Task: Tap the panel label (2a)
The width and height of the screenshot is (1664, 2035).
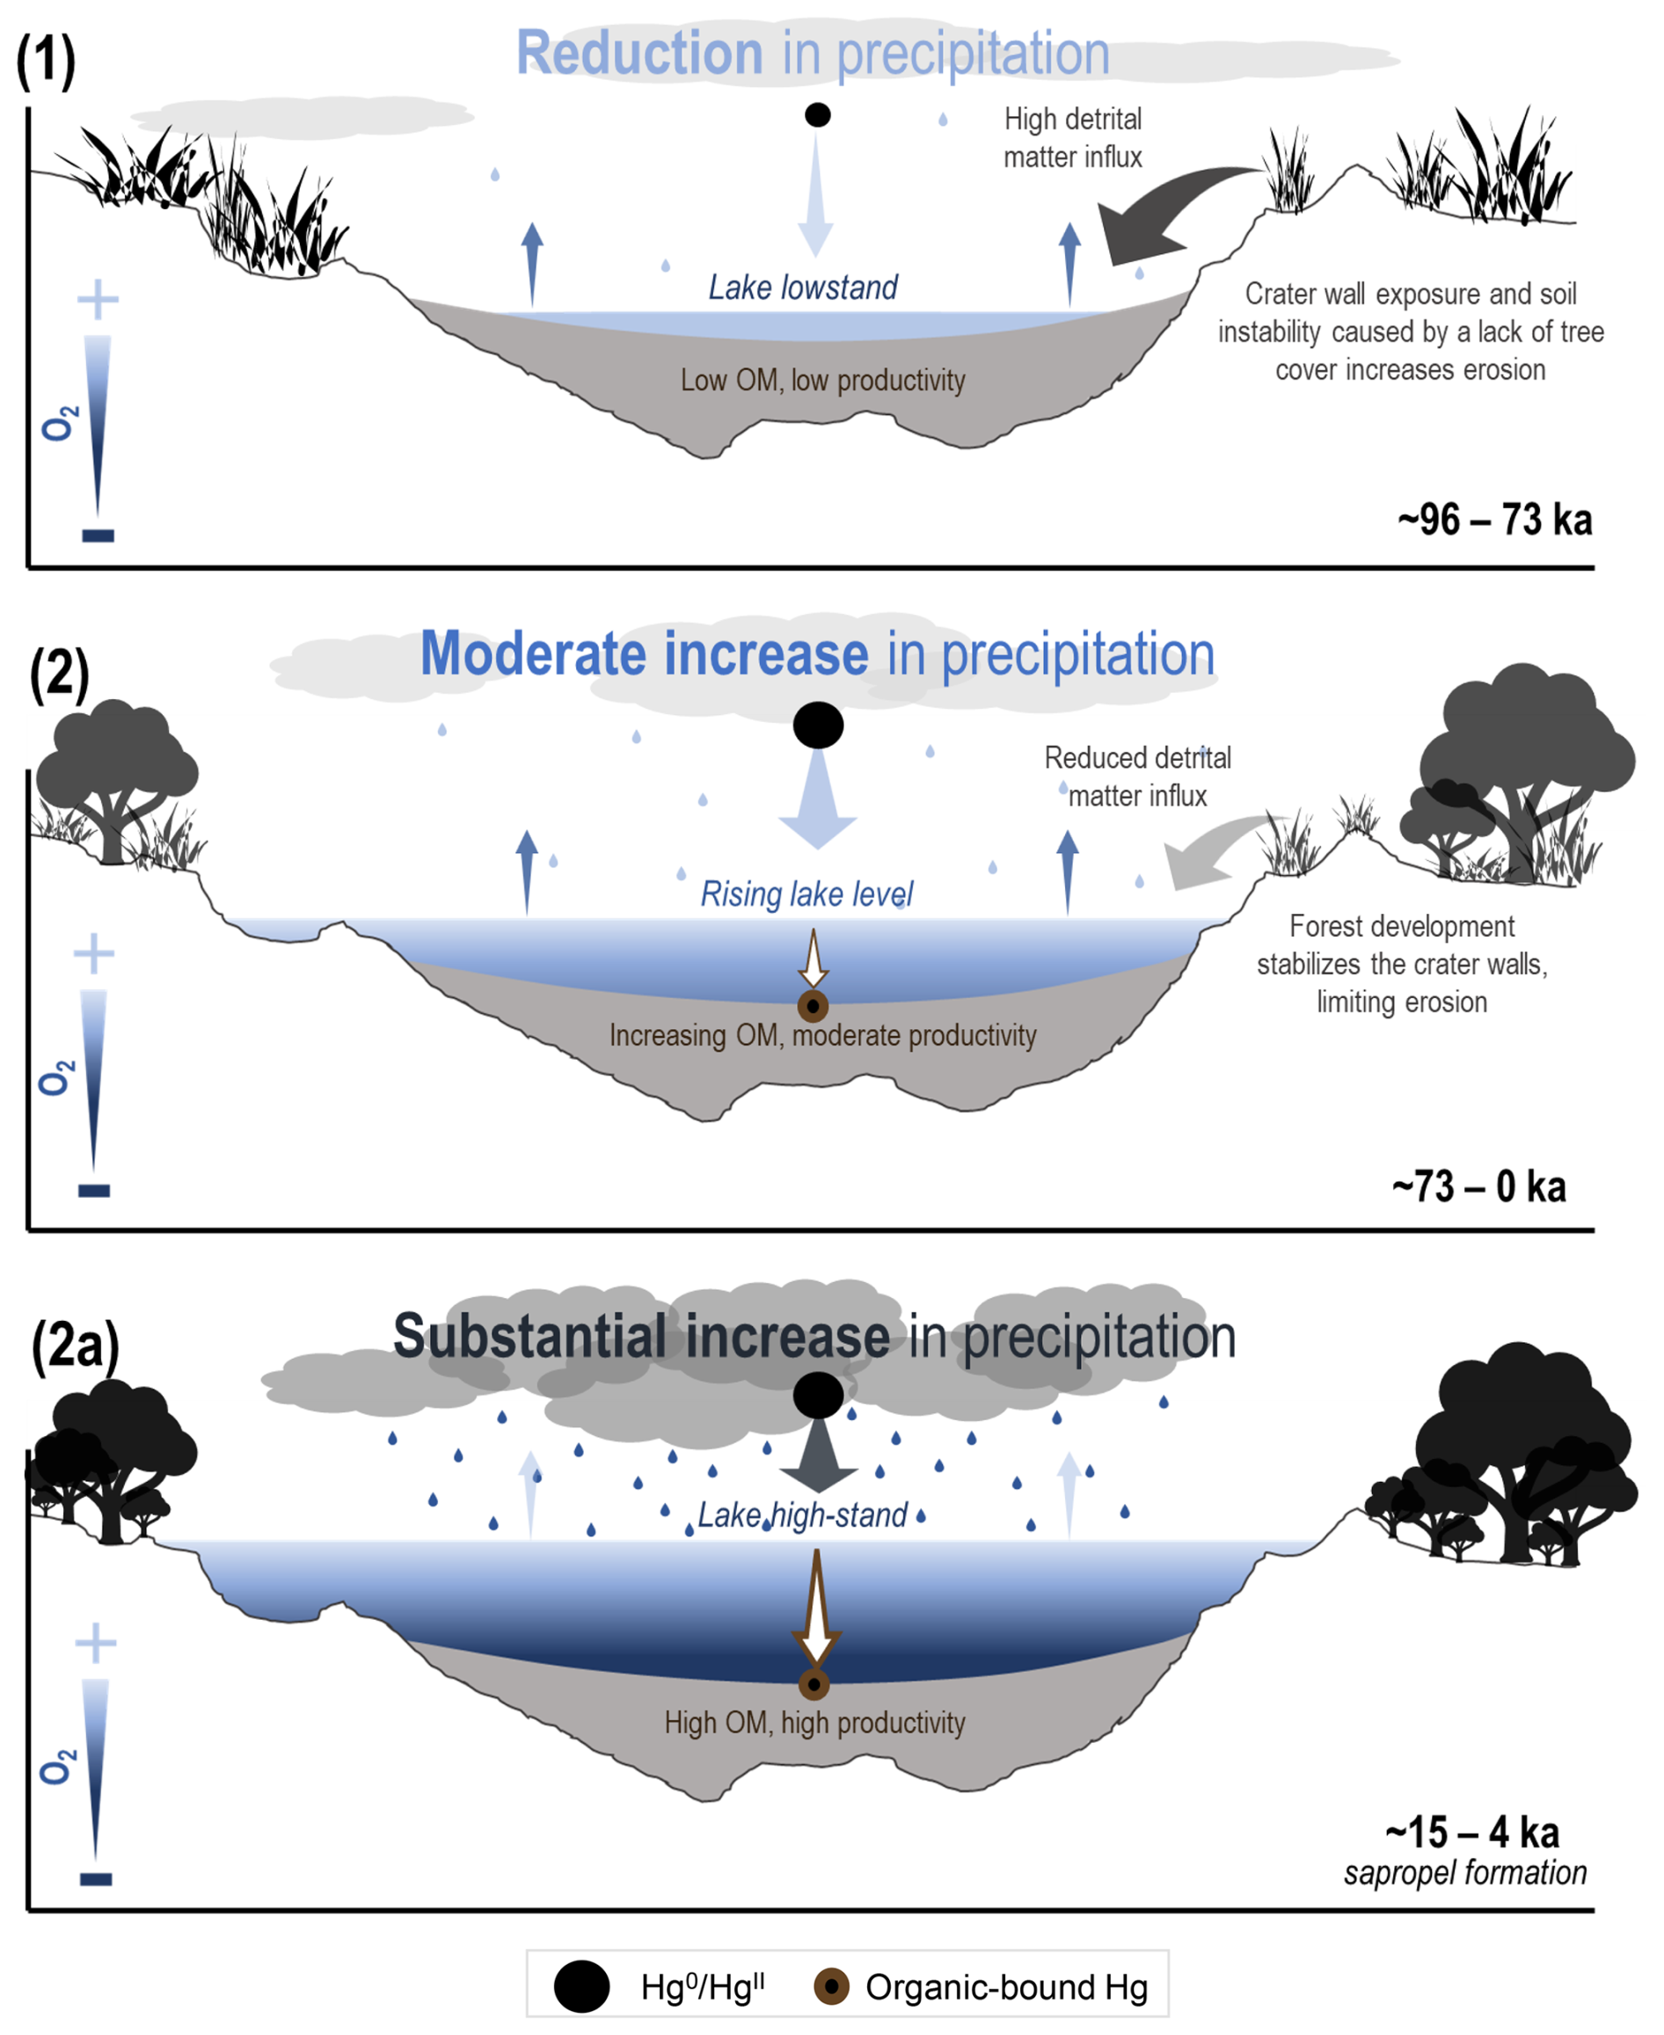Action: (x=75, y=1345)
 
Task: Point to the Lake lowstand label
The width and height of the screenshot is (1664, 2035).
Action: (x=802, y=287)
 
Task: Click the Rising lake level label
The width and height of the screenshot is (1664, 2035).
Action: (x=806, y=894)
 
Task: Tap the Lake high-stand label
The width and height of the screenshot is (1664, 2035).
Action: (x=802, y=1514)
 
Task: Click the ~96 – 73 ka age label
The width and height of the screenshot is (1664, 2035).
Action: (x=1494, y=520)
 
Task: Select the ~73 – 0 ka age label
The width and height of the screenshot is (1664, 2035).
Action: (x=1479, y=1186)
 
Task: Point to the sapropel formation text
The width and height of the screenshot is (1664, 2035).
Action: (x=1464, y=1872)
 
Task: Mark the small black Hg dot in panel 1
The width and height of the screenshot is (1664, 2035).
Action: (x=818, y=115)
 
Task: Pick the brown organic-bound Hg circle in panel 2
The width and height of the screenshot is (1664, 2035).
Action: (x=813, y=1006)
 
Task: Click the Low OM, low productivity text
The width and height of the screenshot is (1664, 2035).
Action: (x=822, y=381)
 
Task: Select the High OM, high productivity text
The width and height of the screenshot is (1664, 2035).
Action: (x=814, y=1723)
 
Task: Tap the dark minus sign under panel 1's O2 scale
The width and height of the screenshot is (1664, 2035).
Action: (x=98, y=536)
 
